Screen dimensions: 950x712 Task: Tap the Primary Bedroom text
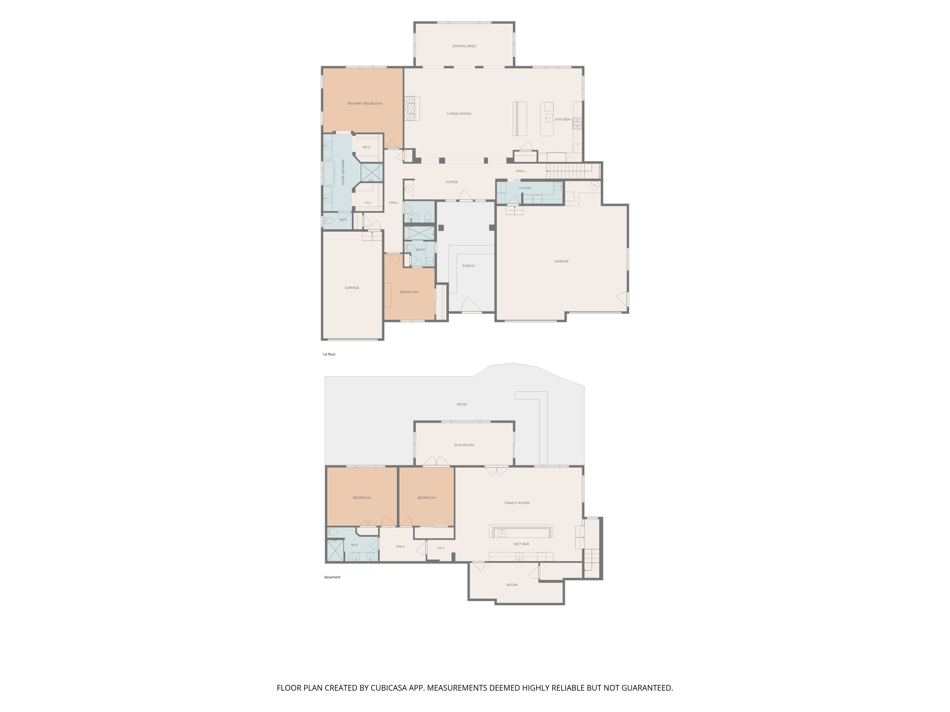click(365, 103)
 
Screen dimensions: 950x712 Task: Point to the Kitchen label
click(563, 119)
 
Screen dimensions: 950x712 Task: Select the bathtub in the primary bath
click(328, 173)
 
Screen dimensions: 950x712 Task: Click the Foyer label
click(451, 182)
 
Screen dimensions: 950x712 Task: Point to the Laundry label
click(525, 188)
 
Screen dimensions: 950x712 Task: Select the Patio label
click(462, 404)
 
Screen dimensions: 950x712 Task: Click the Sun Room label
click(464, 445)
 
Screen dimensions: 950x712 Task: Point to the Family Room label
click(517, 503)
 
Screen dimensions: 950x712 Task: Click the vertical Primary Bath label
click(343, 173)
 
